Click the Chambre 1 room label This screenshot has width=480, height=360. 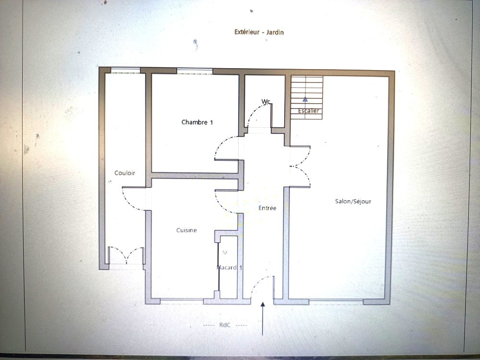pyautogui.click(x=197, y=122)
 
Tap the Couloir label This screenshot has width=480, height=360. pyautogui.click(x=125, y=173)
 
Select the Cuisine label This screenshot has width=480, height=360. pyautogui.click(x=186, y=230)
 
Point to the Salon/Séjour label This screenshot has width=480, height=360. pyautogui.click(x=353, y=202)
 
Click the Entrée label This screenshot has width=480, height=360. pyautogui.click(x=267, y=208)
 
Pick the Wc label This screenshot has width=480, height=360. pyautogui.click(x=266, y=101)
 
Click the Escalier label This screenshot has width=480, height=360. pyautogui.click(x=309, y=111)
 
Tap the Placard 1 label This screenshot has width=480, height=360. pyautogui.click(x=229, y=267)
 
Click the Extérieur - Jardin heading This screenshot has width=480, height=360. pyautogui.click(x=259, y=32)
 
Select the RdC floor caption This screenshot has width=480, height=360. pyautogui.click(x=225, y=325)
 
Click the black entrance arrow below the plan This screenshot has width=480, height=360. pyautogui.click(x=263, y=318)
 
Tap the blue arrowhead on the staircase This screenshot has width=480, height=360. pyautogui.click(x=305, y=99)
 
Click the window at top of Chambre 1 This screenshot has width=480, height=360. pyautogui.click(x=195, y=72)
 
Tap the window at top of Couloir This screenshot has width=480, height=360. pyautogui.click(x=125, y=70)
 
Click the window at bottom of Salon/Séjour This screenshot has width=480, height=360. pyautogui.click(x=336, y=301)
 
